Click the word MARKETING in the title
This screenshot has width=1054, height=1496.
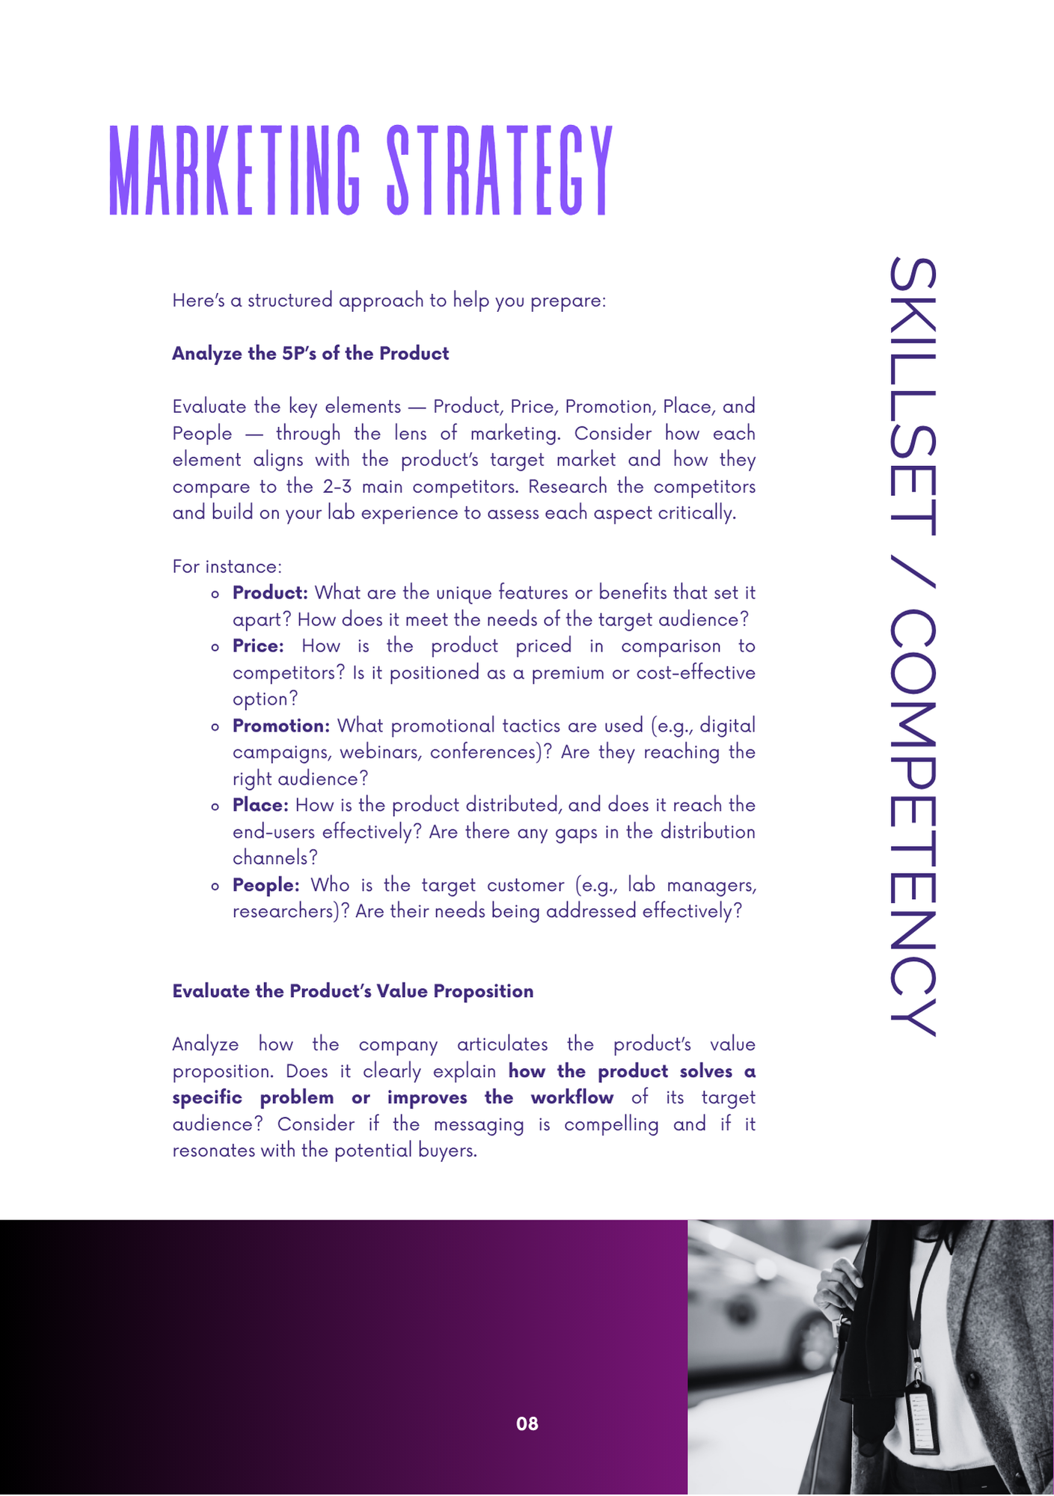[235, 171]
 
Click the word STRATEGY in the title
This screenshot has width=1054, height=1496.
[500, 171]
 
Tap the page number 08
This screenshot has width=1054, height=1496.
[527, 1423]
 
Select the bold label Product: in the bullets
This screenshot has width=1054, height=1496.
[270, 593]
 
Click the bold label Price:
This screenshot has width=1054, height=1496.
[258, 646]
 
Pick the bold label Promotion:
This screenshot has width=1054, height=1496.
[281, 726]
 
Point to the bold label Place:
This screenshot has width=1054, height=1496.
[260, 806]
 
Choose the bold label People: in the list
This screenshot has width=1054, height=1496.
[266, 885]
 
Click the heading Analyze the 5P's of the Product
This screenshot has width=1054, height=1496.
[310, 354]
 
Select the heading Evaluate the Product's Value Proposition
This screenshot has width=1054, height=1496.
[353, 991]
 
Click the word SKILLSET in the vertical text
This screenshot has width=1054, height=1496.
[913, 396]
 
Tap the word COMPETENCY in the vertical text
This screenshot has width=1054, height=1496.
[913, 823]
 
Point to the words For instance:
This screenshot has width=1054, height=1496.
[227, 566]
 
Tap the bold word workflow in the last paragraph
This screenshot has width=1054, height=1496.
[572, 1097]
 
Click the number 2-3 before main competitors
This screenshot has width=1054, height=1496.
[337, 487]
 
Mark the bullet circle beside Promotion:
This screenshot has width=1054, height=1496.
[215, 726]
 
